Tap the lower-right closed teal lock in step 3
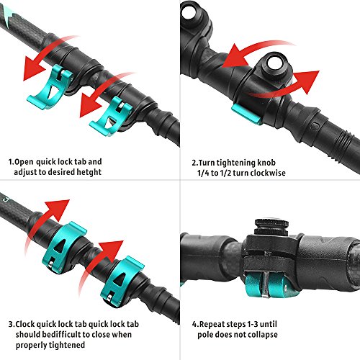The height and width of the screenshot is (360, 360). (x=119, y=277)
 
